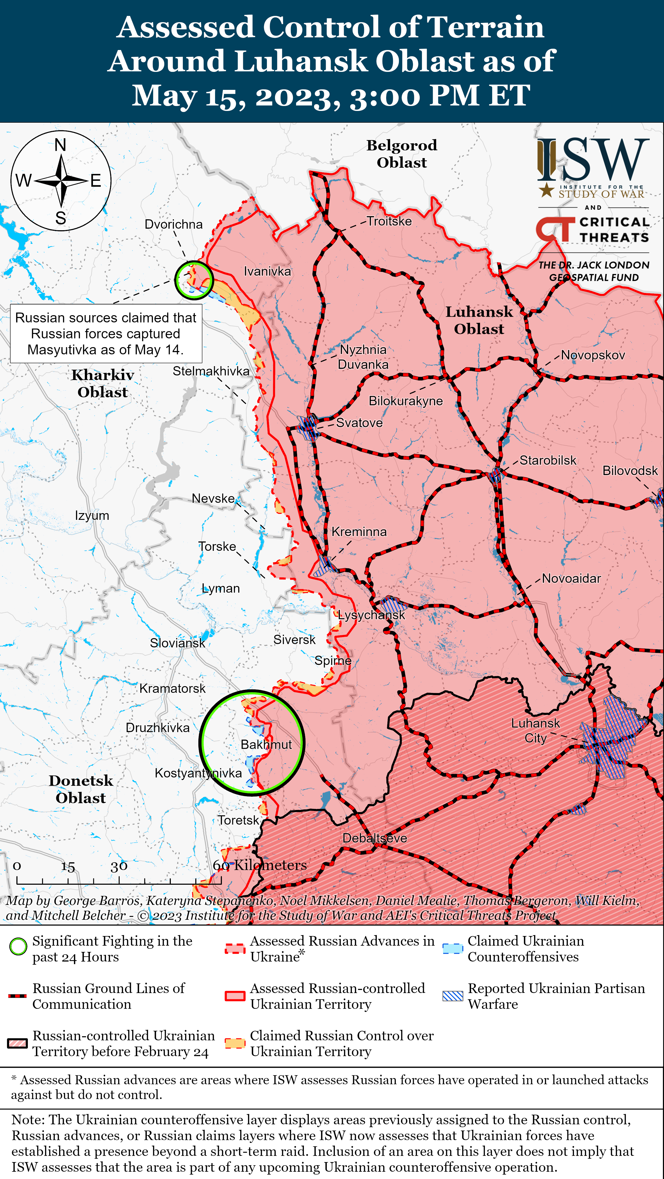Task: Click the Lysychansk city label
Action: [x=372, y=615]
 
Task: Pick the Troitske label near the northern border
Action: [x=389, y=221]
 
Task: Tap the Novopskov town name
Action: [x=593, y=355]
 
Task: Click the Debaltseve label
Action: [x=375, y=838]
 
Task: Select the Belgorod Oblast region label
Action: [x=402, y=154]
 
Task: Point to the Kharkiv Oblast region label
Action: [x=103, y=384]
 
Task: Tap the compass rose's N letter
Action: [x=60, y=145]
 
